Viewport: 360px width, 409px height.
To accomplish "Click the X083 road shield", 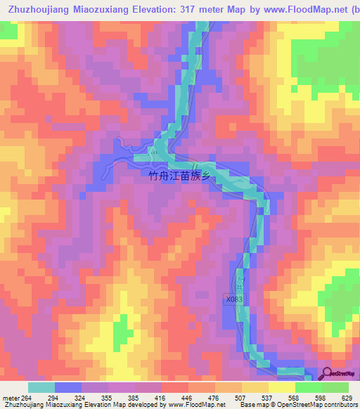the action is click(235, 299).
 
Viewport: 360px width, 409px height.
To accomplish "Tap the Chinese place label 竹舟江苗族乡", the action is click(180, 178).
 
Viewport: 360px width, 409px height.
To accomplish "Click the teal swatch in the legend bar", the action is click(41, 388).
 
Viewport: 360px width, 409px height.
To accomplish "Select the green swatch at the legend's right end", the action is click(335, 388).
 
